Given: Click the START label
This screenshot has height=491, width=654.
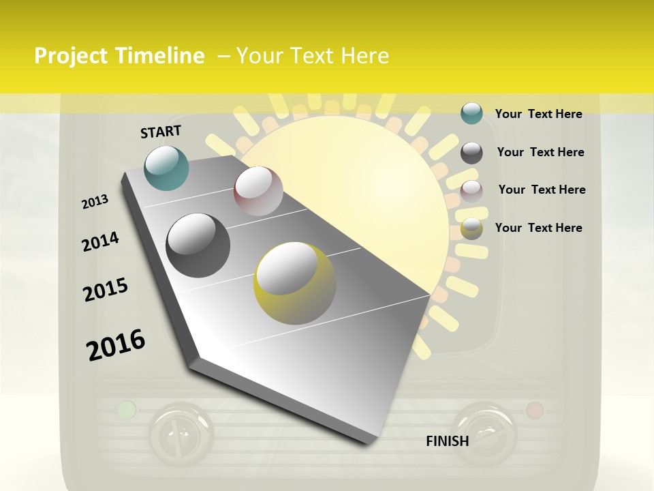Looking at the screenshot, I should (161, 132).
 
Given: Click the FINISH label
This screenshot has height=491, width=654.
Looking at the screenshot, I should (448, 441).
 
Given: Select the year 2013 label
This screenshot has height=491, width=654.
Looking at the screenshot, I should (95, 202).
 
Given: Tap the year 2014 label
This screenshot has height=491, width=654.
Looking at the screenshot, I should (100, 242).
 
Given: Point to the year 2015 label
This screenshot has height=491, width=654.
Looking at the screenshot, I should (106, 290).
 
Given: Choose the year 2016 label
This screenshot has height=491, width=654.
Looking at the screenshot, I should (116, 345).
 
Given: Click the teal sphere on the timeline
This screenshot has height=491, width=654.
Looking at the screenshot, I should (167, 168).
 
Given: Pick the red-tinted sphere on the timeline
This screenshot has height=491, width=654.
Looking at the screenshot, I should (258, 191).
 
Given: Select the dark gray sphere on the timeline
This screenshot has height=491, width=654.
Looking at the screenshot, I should (198, 245).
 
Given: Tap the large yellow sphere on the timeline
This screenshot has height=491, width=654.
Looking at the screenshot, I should (295, 283).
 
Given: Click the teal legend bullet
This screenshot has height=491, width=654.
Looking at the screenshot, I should (471, 114).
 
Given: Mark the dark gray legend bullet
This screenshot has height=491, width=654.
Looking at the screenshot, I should (471, 153).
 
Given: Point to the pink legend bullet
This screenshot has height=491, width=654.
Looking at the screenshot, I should (471, 190).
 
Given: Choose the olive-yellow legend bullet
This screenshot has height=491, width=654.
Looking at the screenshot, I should (471, 228).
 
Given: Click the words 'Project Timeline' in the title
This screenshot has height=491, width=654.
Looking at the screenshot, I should (119, 56).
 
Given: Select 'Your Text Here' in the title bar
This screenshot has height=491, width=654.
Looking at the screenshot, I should (312, 56).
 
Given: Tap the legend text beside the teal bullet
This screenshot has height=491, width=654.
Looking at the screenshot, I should (538, 114).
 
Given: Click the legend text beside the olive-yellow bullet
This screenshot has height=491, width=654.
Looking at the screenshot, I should (538, 228).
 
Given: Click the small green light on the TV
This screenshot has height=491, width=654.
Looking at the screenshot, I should (126, 410).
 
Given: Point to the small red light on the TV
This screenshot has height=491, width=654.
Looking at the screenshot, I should (534, 410).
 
